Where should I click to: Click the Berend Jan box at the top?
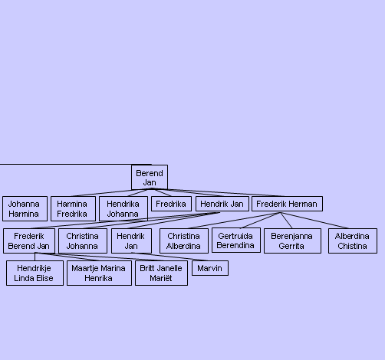(x=150, y=178)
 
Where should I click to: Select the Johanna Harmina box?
(x=25, y=208)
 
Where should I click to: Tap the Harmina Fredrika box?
(x=73, y=208)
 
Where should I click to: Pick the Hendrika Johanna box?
(x=123, y=208)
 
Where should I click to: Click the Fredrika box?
(x=171, y=204)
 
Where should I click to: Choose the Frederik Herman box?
(x=287, y=204)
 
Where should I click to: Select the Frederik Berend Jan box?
(x=29, y=241)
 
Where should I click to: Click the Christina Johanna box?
(x=83, y=241)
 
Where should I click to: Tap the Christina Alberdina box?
(x=184, y=241)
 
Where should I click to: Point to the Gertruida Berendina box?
(x=236, y=241)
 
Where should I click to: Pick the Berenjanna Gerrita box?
(x=292, y=241)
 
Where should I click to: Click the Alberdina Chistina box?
(x=353, y=241)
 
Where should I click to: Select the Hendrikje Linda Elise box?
(x=35, y=273)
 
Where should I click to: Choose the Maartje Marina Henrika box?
(x=99, y=273)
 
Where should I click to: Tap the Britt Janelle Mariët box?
(x=161, y=273)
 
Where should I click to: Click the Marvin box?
(x=210, y=268)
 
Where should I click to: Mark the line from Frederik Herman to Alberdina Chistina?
(x=314, y=221)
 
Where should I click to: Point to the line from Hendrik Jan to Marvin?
(x=170, y=257)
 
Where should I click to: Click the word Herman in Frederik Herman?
(x=306, y=204)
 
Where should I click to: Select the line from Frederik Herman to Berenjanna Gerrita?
(x=286, y=221)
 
